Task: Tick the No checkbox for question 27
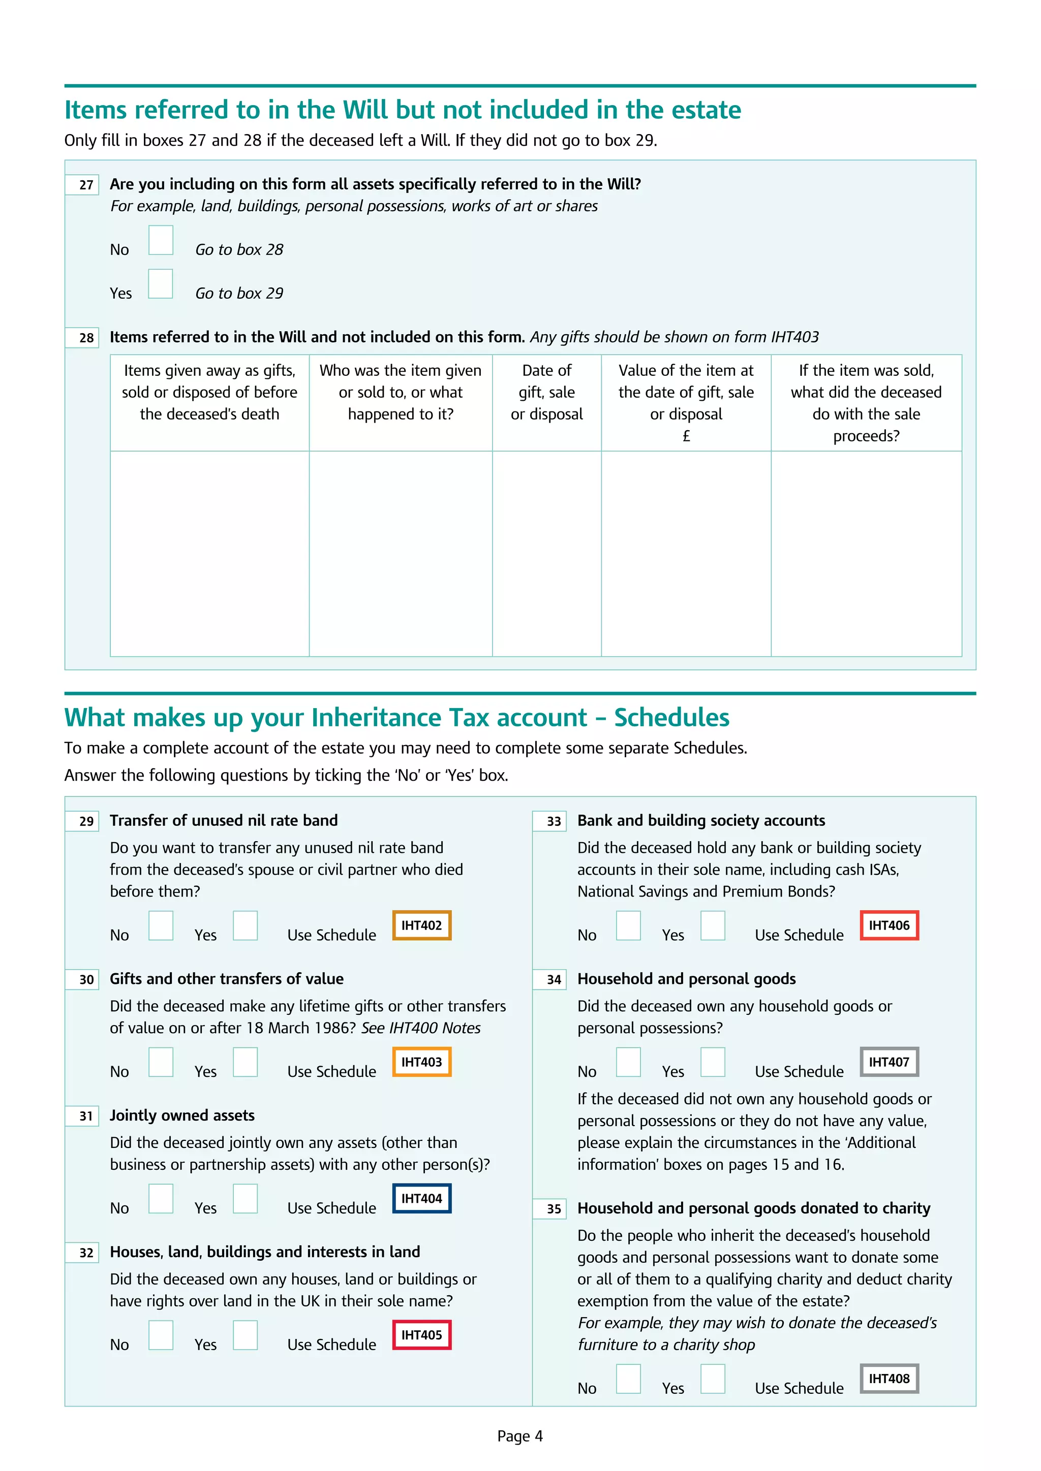160,240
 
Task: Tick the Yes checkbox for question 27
160,284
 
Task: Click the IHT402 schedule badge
421,925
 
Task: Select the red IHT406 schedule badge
889,925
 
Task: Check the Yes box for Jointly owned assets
245,1198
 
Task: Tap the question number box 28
82,338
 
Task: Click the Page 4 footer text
520,1436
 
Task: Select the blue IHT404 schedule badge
421,1198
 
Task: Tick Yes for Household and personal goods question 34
712,1062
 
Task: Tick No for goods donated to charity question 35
628,1378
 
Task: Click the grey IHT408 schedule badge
889,1378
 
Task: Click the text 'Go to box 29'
238,294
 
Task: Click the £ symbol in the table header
686,436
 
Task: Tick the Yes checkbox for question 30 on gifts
245,1062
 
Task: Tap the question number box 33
549,821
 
